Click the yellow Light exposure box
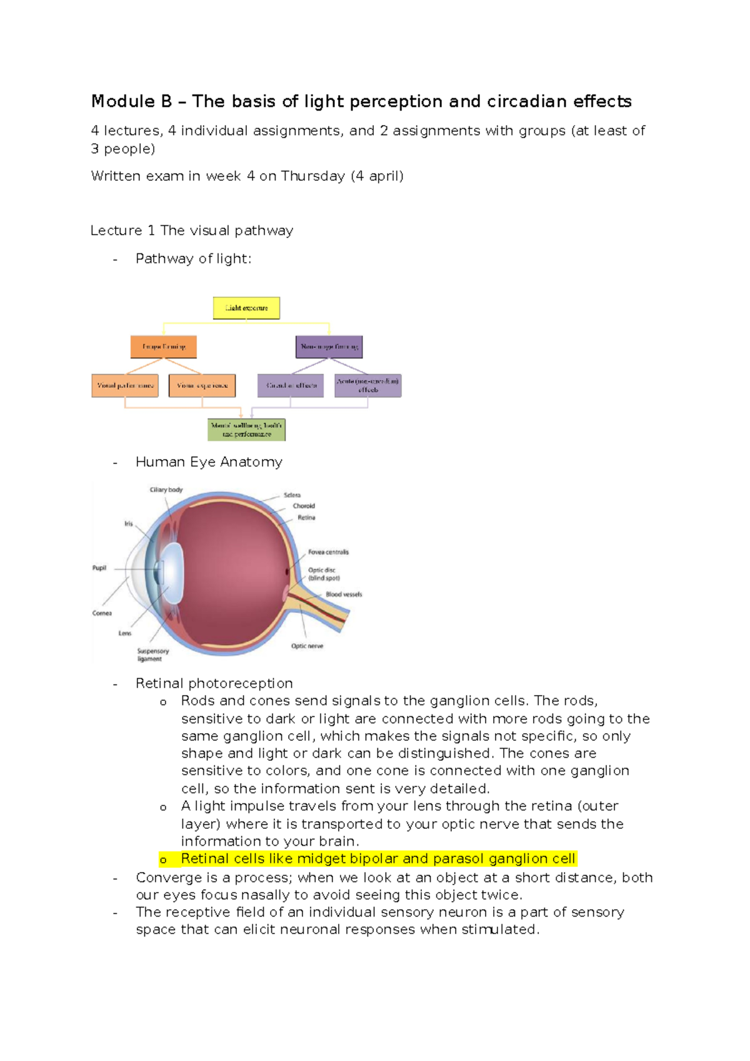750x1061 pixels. click(246, 308)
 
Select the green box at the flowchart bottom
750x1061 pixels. click(246, 430)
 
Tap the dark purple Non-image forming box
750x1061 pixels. click(329, 347)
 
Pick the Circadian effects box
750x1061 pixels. click(291, 385)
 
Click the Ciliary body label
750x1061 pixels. click(166, 490)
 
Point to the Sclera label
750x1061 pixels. click(292, 495)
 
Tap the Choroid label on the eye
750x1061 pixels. click(304, 506)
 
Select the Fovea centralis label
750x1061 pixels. click(328, 552)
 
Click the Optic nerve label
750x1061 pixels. click(307, 646)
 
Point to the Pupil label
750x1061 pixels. click(99, 568)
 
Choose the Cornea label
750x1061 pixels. click(102, 613)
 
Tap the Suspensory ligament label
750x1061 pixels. click(152, 654)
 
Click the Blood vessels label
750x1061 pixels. click(344, 594)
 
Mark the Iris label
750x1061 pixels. click(128, 524)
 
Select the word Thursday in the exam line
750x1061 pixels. click(312, 176)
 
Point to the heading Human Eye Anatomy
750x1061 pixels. click(209, 462)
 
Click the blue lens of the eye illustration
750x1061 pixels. click(172, 566)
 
